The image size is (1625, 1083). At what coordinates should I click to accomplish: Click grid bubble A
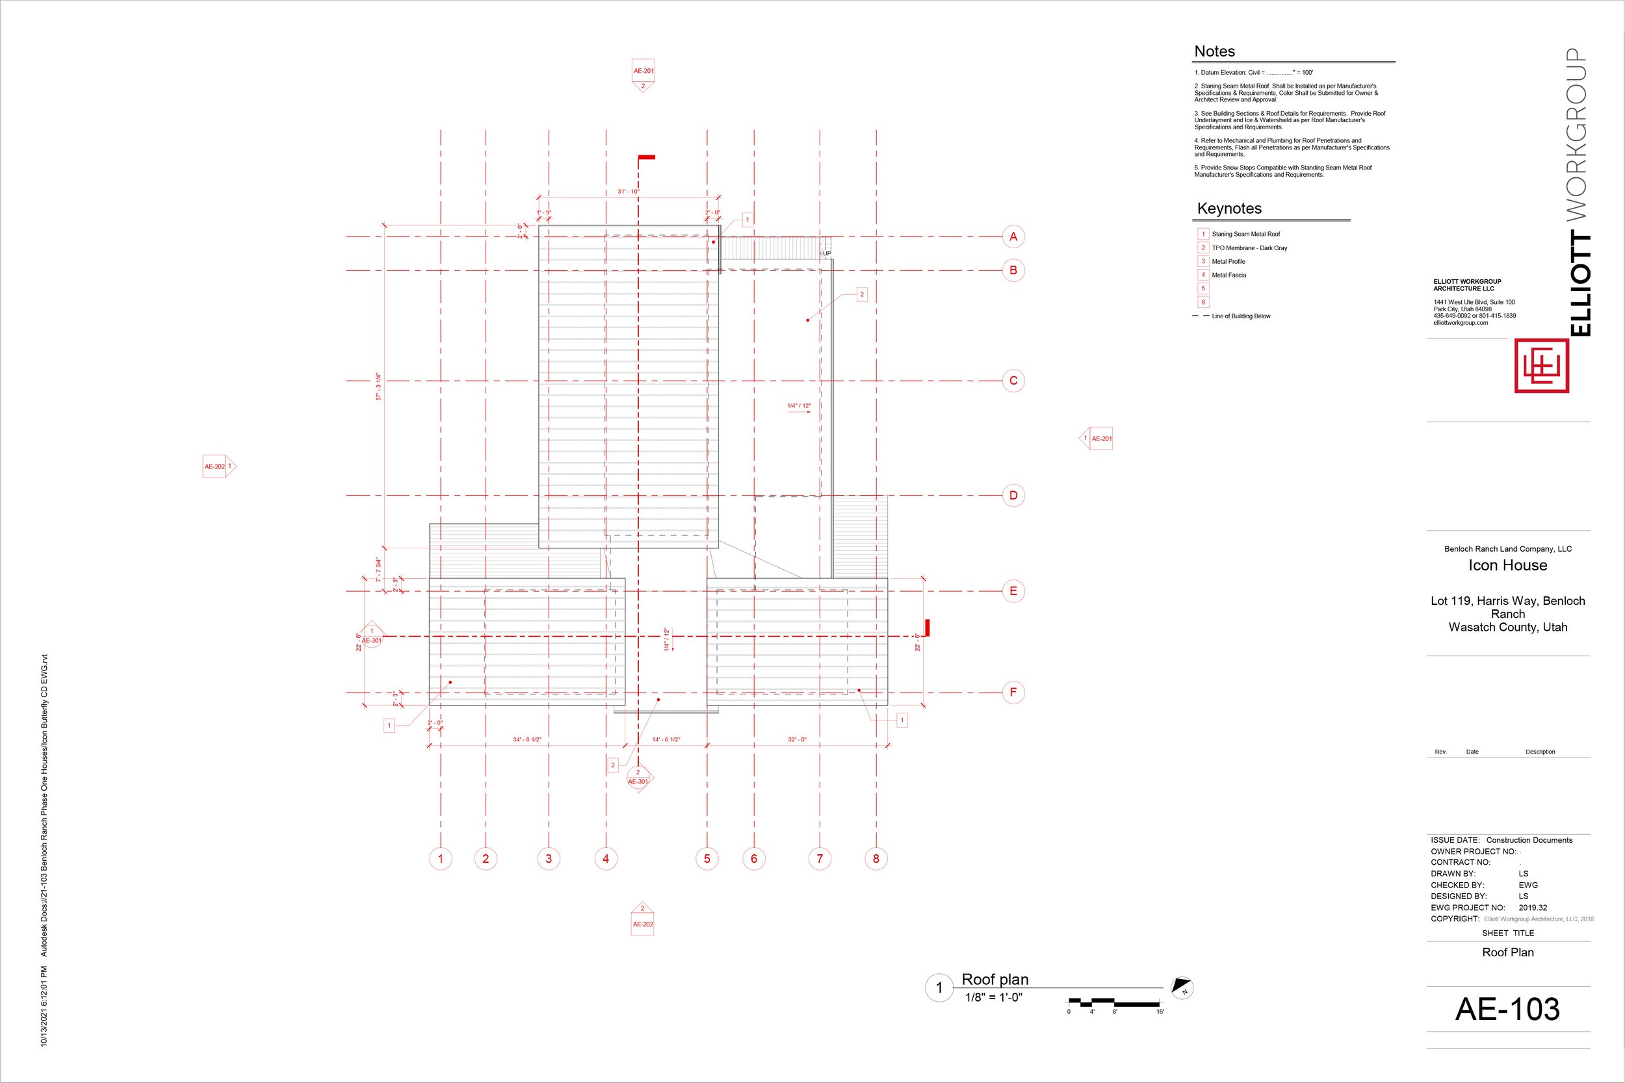1013,237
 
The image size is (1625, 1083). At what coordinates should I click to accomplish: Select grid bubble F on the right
1013,693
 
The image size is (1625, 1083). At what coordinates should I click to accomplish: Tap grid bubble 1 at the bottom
440,858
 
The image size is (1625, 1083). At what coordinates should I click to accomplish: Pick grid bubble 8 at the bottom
876,858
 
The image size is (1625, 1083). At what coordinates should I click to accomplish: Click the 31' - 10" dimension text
628,191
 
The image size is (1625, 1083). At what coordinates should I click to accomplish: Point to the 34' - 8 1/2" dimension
527,740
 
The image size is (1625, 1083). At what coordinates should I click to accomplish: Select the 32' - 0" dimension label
797,740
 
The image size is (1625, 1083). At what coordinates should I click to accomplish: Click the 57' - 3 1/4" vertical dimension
378,387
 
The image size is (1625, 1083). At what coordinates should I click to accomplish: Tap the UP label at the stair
826,253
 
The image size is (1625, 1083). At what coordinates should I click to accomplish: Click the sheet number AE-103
1507,1009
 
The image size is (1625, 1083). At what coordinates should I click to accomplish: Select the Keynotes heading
1229,209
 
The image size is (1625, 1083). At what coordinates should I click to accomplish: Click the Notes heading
1214,52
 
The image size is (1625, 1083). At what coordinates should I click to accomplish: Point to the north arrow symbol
1182,987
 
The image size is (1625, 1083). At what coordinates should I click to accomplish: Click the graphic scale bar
1114,1002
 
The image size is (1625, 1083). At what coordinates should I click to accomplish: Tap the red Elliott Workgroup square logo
1541,365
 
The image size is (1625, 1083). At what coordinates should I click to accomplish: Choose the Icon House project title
1507,566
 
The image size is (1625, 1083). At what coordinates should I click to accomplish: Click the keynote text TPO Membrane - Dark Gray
1249,248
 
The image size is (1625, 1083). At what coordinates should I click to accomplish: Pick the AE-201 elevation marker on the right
1097,439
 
